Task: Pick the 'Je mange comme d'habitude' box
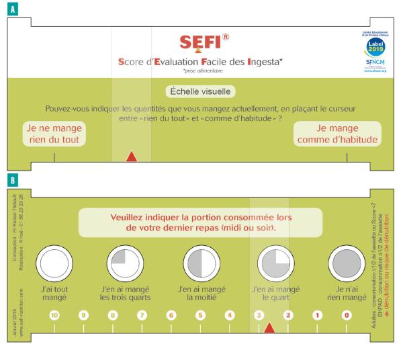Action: (347, 134)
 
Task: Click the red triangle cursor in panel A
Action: (132, 157)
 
